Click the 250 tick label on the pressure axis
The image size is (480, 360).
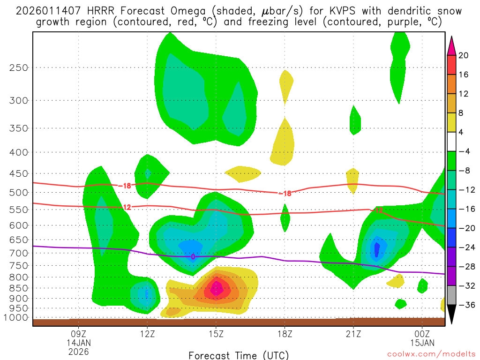point(18,67)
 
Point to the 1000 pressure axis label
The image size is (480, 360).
point(16,317)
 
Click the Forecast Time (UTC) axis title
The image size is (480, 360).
point(239,355)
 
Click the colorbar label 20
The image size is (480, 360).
point(464,55)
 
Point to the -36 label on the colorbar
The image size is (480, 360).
point(465,305)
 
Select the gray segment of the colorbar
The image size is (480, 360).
point(451,295)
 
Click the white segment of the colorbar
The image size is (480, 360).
point(451,142)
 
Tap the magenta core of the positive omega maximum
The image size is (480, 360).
point(216,288)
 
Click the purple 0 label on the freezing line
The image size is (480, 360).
point(193,256)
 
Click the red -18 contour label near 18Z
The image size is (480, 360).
point(285,193)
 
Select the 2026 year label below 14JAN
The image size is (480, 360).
point(78,351)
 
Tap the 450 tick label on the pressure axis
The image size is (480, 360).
point(18,173)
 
